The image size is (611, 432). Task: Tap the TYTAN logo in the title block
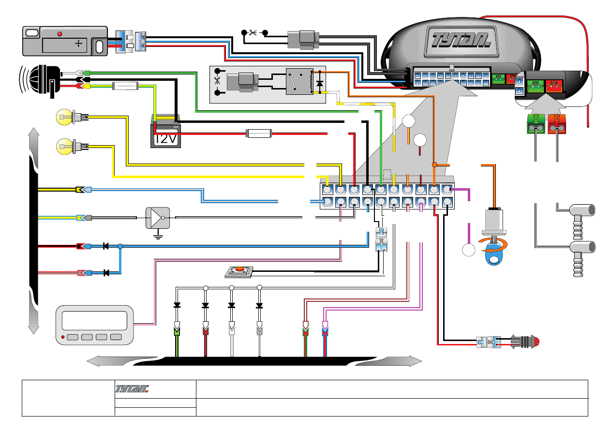133,389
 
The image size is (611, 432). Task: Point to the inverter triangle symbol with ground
158,218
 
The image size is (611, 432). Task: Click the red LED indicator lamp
531,342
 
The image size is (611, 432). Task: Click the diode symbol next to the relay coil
319,83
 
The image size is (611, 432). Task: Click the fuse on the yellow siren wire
125,86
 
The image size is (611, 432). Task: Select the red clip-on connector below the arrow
557,124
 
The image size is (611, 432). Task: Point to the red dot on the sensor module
60,34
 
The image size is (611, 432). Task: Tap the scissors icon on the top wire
253,33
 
